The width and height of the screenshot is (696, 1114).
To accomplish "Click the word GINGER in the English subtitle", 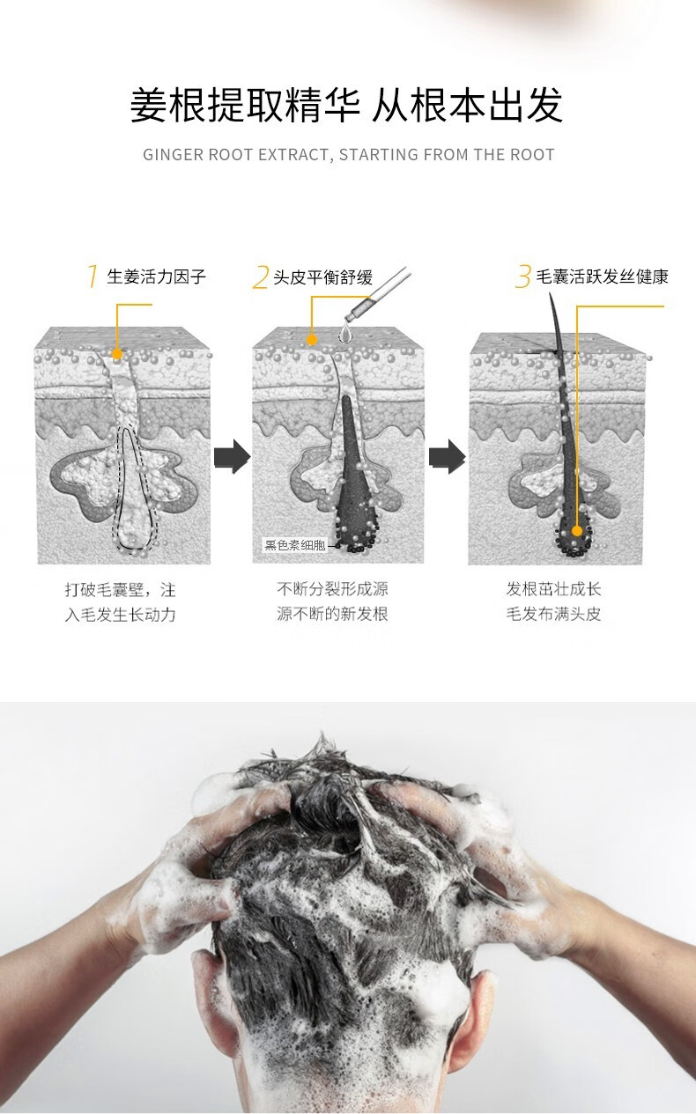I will tap(173, 155).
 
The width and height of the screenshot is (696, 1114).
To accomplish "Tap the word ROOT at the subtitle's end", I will tap(532, 155).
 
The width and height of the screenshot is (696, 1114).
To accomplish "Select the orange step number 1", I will tap(92, 277).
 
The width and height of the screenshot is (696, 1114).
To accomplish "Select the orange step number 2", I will tap(259, 277).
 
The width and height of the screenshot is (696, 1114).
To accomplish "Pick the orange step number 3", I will tap(523, 277).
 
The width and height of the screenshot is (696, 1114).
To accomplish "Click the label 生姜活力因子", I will tap(156, 277).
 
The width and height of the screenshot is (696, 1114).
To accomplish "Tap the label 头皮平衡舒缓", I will tap(322, 277).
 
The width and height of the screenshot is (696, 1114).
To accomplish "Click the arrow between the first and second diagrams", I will tap(232, 458).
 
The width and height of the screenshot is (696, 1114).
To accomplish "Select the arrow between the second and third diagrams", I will tap(447, 458).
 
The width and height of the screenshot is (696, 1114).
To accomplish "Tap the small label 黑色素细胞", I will tap(294, 545).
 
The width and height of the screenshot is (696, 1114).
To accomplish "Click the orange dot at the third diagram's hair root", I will tap(577, 531).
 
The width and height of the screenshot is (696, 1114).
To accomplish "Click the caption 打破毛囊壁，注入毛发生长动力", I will tap(121, 601).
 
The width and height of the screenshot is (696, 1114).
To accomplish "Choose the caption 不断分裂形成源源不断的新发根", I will tap(332, 601).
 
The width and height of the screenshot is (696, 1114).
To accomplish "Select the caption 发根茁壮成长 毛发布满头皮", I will tap(553, 601).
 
